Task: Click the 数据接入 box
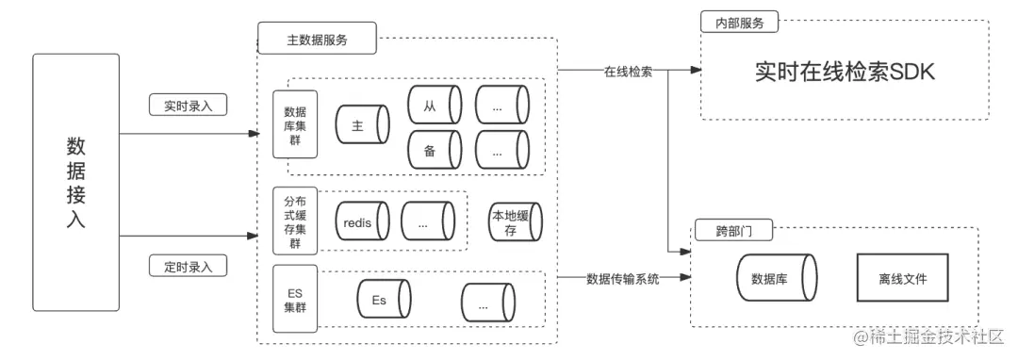tap(75, 183)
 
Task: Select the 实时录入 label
tap(189, 106)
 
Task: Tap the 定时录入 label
tap(189, 267)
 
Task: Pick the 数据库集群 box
tap(294, 123)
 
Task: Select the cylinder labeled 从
tap(434, 105)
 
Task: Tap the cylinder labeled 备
tap(434, 149)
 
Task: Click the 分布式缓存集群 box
tap(294, 221)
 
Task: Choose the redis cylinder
tap(362, 221)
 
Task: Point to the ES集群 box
tap(294, 300)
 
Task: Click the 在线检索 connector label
tap(629, 72)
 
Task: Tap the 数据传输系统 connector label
tap(622, 278)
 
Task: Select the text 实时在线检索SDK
tap(845, 72)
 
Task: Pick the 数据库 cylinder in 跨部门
tap(774, 279)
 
